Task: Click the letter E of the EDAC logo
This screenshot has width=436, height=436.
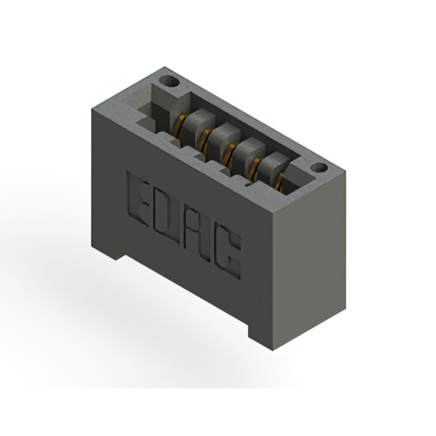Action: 138,199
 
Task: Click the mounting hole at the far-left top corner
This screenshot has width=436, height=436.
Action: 169,82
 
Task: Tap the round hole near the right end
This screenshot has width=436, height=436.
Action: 319,168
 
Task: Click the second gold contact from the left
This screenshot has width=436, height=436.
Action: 204,140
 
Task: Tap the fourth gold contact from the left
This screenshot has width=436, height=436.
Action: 255,168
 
